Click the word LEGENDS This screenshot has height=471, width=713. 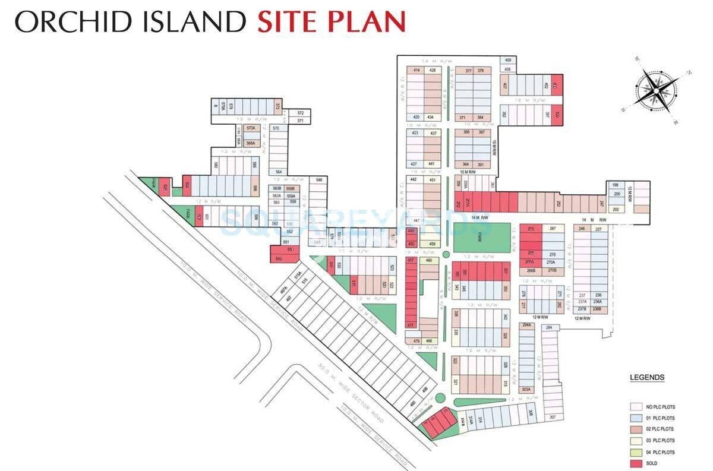tap(647, 378)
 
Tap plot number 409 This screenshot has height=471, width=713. tap(507, 61)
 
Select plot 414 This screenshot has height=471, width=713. tap(417, 71)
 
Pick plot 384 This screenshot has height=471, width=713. tap(480, 118)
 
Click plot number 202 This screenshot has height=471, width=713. tap(616, 209)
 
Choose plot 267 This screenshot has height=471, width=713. tap(552, 229)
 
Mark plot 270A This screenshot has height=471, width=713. tap(551, 263)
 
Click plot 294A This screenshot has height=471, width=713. tap(526, 325)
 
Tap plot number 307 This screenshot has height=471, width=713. tap(552, 418)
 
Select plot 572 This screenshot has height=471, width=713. tap(301, 113)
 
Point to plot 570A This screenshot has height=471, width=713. tap(251, 128)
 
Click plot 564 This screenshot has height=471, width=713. tap(278, 172)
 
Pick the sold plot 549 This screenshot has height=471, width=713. tap(279, 258)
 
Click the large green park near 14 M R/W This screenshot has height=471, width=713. tap(482, 238)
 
